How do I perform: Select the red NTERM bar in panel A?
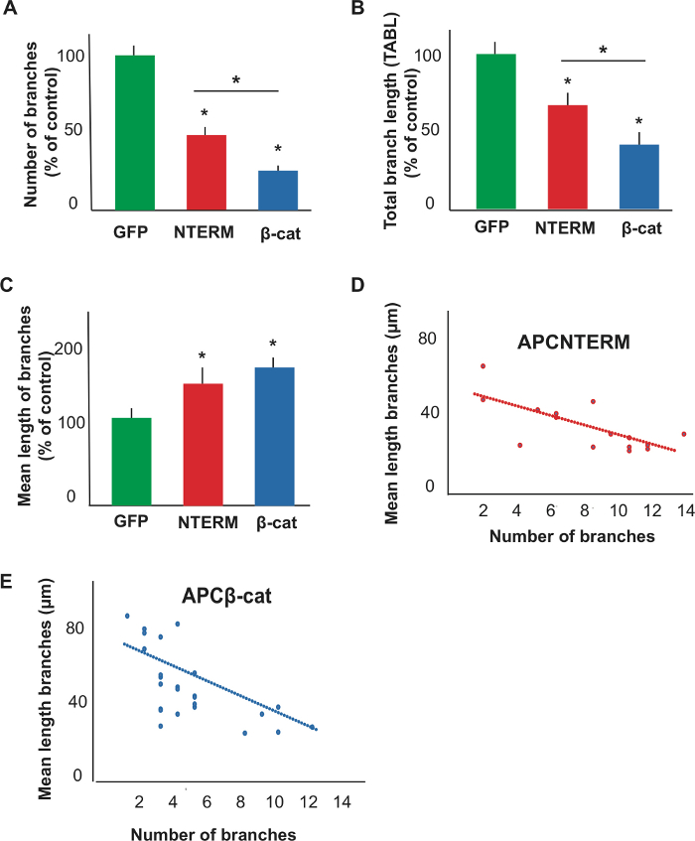pyautogui.click(x=207, y=172)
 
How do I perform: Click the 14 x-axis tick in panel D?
pyautogui.click(x=683, y=510)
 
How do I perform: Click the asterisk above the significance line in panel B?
pyautogui.click(x=603, y=50)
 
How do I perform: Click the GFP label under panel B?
pyautogui.click(x=491, y=227)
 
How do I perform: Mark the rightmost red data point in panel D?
pyautogui.click(x=683, y=434)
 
